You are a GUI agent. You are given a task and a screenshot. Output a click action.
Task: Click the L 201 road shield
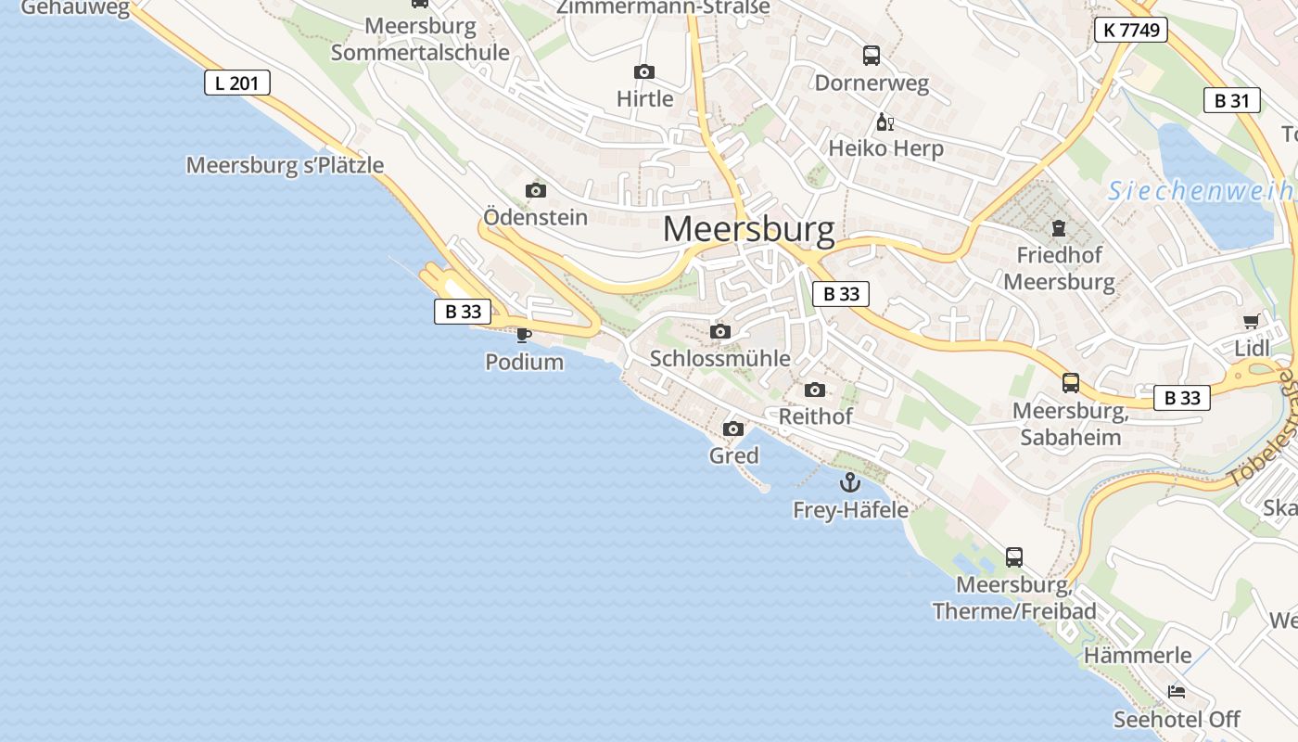coord(237,83)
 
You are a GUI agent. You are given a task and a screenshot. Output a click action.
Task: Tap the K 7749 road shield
coord(1129,30)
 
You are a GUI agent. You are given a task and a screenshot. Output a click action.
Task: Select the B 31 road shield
coord(1231,101)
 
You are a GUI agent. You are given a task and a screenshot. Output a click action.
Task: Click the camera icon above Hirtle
coord(643,72)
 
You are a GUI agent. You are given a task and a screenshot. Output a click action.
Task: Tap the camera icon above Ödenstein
coord(535,191)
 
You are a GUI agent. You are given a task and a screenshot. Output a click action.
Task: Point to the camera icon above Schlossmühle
coord(719,332)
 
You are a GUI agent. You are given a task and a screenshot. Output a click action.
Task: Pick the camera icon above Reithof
coord(814,390)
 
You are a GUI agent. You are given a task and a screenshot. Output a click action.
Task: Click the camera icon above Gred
coord(732,429)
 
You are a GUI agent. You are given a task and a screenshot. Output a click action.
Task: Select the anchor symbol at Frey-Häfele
coord(849,482)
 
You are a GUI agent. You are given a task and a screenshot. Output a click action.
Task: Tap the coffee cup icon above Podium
coord(524,335)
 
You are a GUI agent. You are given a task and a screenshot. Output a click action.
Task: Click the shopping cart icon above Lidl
coord(1251,322)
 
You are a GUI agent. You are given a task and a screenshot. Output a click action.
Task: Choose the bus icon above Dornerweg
coord(871,56)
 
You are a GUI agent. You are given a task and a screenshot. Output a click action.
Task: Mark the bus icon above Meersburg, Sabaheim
coord(1070,383)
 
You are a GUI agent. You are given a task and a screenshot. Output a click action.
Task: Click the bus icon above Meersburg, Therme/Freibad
coord(1013,557)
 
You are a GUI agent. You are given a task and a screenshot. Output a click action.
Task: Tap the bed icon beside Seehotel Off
coord(1176,692)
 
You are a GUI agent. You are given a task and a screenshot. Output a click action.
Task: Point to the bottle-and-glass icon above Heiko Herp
coord(884,122)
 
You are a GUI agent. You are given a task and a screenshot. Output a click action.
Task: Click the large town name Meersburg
coord(748,229)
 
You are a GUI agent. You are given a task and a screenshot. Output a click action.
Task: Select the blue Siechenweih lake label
coord(1202,191)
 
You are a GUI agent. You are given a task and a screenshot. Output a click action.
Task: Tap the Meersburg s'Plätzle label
coord(285,165)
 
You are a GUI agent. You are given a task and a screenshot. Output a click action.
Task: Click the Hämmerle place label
coord(1137,655)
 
